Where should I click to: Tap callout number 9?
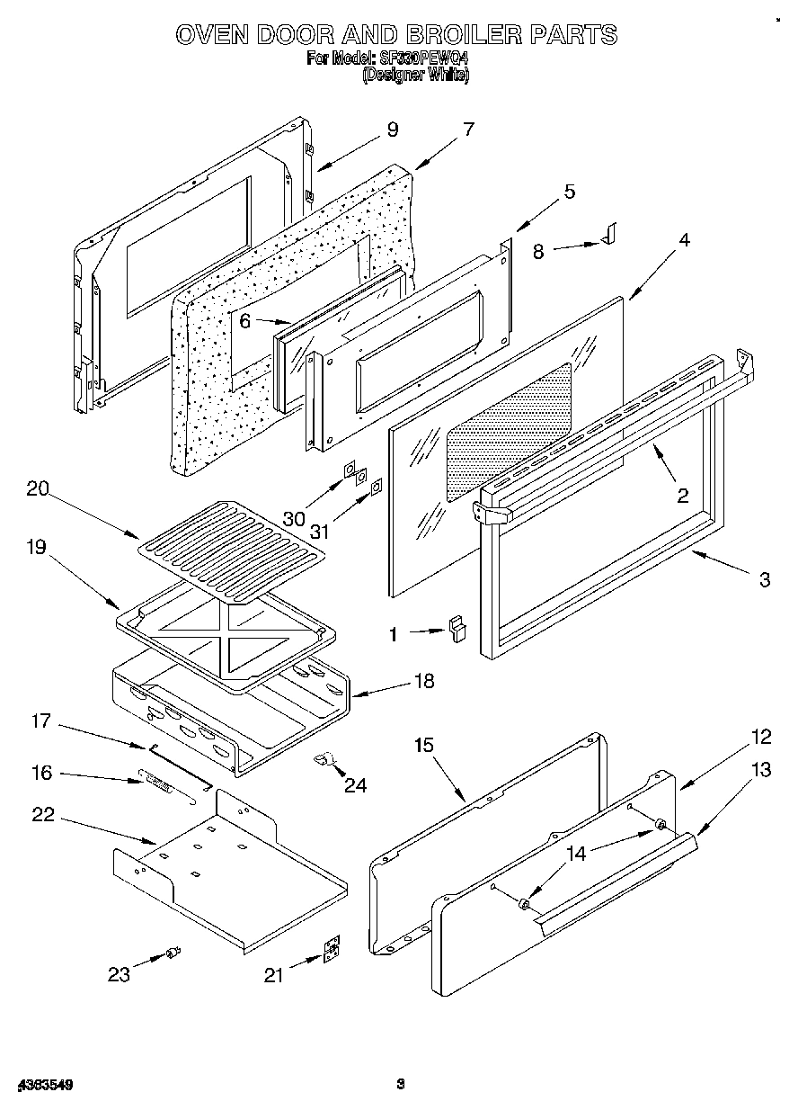pyautogui.click(x=392, y=130)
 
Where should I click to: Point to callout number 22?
pyautogui.click(x=42, y=815)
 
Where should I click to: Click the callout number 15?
pyautogui.click(x=424, y=745)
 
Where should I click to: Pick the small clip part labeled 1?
pyautogui.click(x=458, y=626)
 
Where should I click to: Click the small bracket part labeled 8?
pyautogui.click(x=611, y=234)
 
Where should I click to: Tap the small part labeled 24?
pyautogui.click(x=326, y=761)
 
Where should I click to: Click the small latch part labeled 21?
pyautogui.click(x=332, y=950)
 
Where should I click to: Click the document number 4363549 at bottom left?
pyautogui.click(x=43, y=1086)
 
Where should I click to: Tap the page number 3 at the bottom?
pyautogui.click(x=402, y=1085)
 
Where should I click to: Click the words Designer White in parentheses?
pyautogui.click(x=415, y=76)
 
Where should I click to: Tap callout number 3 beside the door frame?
pyautogui.click(x=764, y=580)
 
